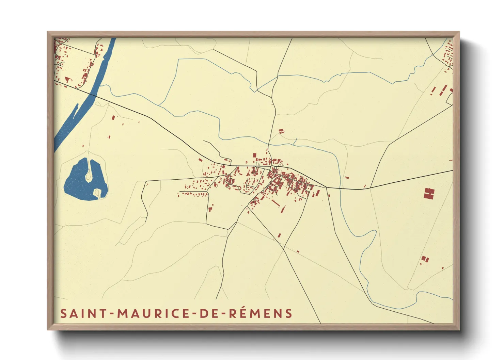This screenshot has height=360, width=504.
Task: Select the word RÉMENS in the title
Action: tap(260, 313)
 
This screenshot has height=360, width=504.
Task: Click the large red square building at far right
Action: tap(429, 193)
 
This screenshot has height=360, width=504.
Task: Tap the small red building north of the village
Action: tap(281, 130)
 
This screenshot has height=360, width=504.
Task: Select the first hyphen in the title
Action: tap(112, 314)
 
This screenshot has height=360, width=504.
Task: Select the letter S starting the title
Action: tap(63, 313)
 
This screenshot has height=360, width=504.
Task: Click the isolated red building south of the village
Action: tap(279, 235)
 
